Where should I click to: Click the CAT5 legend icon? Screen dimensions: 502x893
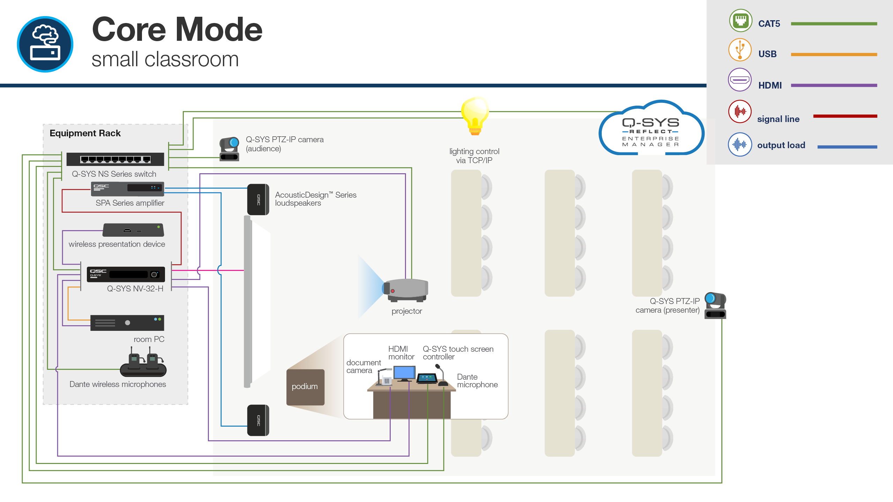coord(740,21)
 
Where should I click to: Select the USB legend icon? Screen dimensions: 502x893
coord(740,50)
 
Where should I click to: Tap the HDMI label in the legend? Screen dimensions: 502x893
coord(770,85)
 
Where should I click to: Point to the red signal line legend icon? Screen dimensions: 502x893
coord(740,112)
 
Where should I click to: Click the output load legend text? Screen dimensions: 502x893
coord(781,145)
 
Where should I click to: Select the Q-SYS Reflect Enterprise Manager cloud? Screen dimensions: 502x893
coord(651,131)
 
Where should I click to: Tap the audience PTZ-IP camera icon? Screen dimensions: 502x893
coord(229,149)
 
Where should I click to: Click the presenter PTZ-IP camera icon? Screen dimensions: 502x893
coord(715,305)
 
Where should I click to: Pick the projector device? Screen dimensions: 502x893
coord(406,290)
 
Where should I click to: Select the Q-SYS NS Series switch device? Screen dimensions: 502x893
coord(115,159)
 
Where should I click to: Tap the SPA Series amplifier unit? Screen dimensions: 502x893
coord(127,189)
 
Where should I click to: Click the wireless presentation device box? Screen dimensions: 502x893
coord(133,230)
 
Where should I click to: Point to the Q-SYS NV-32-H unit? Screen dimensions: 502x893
coord(126,274)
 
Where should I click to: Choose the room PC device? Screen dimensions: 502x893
coord(127,323)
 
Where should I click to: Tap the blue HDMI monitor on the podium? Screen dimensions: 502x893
coord(404,373)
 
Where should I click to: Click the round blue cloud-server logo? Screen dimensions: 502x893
coord(45,44)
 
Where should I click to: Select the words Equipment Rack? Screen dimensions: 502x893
coord(85,133)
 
